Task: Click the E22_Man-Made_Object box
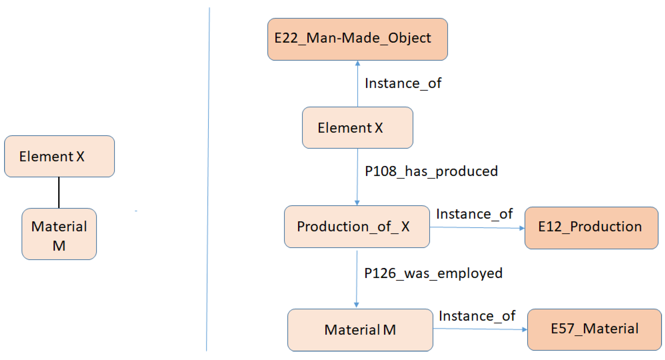(357, 39)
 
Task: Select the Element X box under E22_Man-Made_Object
(357, 127)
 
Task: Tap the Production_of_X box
(357, 226)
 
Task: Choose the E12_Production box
(591, 228)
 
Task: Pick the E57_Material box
(594, 329)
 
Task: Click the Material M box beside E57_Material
(360, 330)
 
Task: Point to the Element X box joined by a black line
(59, 156)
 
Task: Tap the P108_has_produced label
(431, 171)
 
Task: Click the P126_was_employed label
(433, 273)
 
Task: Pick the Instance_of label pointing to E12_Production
(474, 214)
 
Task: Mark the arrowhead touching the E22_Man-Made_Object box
(358, 63)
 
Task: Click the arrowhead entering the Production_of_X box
(357, 203)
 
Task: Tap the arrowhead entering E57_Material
(524, 330)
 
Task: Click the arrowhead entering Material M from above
(357, 305)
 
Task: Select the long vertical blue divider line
(208, 181)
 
